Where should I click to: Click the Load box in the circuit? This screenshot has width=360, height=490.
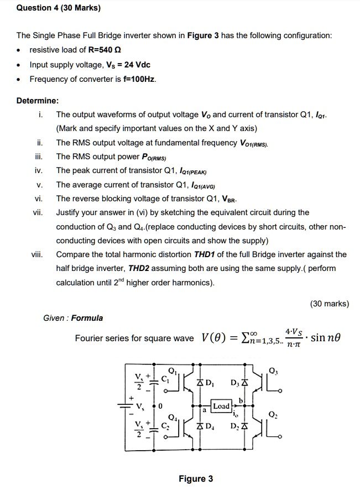coord(221,406)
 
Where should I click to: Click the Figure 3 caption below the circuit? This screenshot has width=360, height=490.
coord(195,479)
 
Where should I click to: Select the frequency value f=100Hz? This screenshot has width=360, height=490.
coord(138,79)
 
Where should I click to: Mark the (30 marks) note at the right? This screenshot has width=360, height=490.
coord(330,303)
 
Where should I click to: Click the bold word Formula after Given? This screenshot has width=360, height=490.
coord(87,318)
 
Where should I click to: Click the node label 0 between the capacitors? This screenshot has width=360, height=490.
coord(159,406)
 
